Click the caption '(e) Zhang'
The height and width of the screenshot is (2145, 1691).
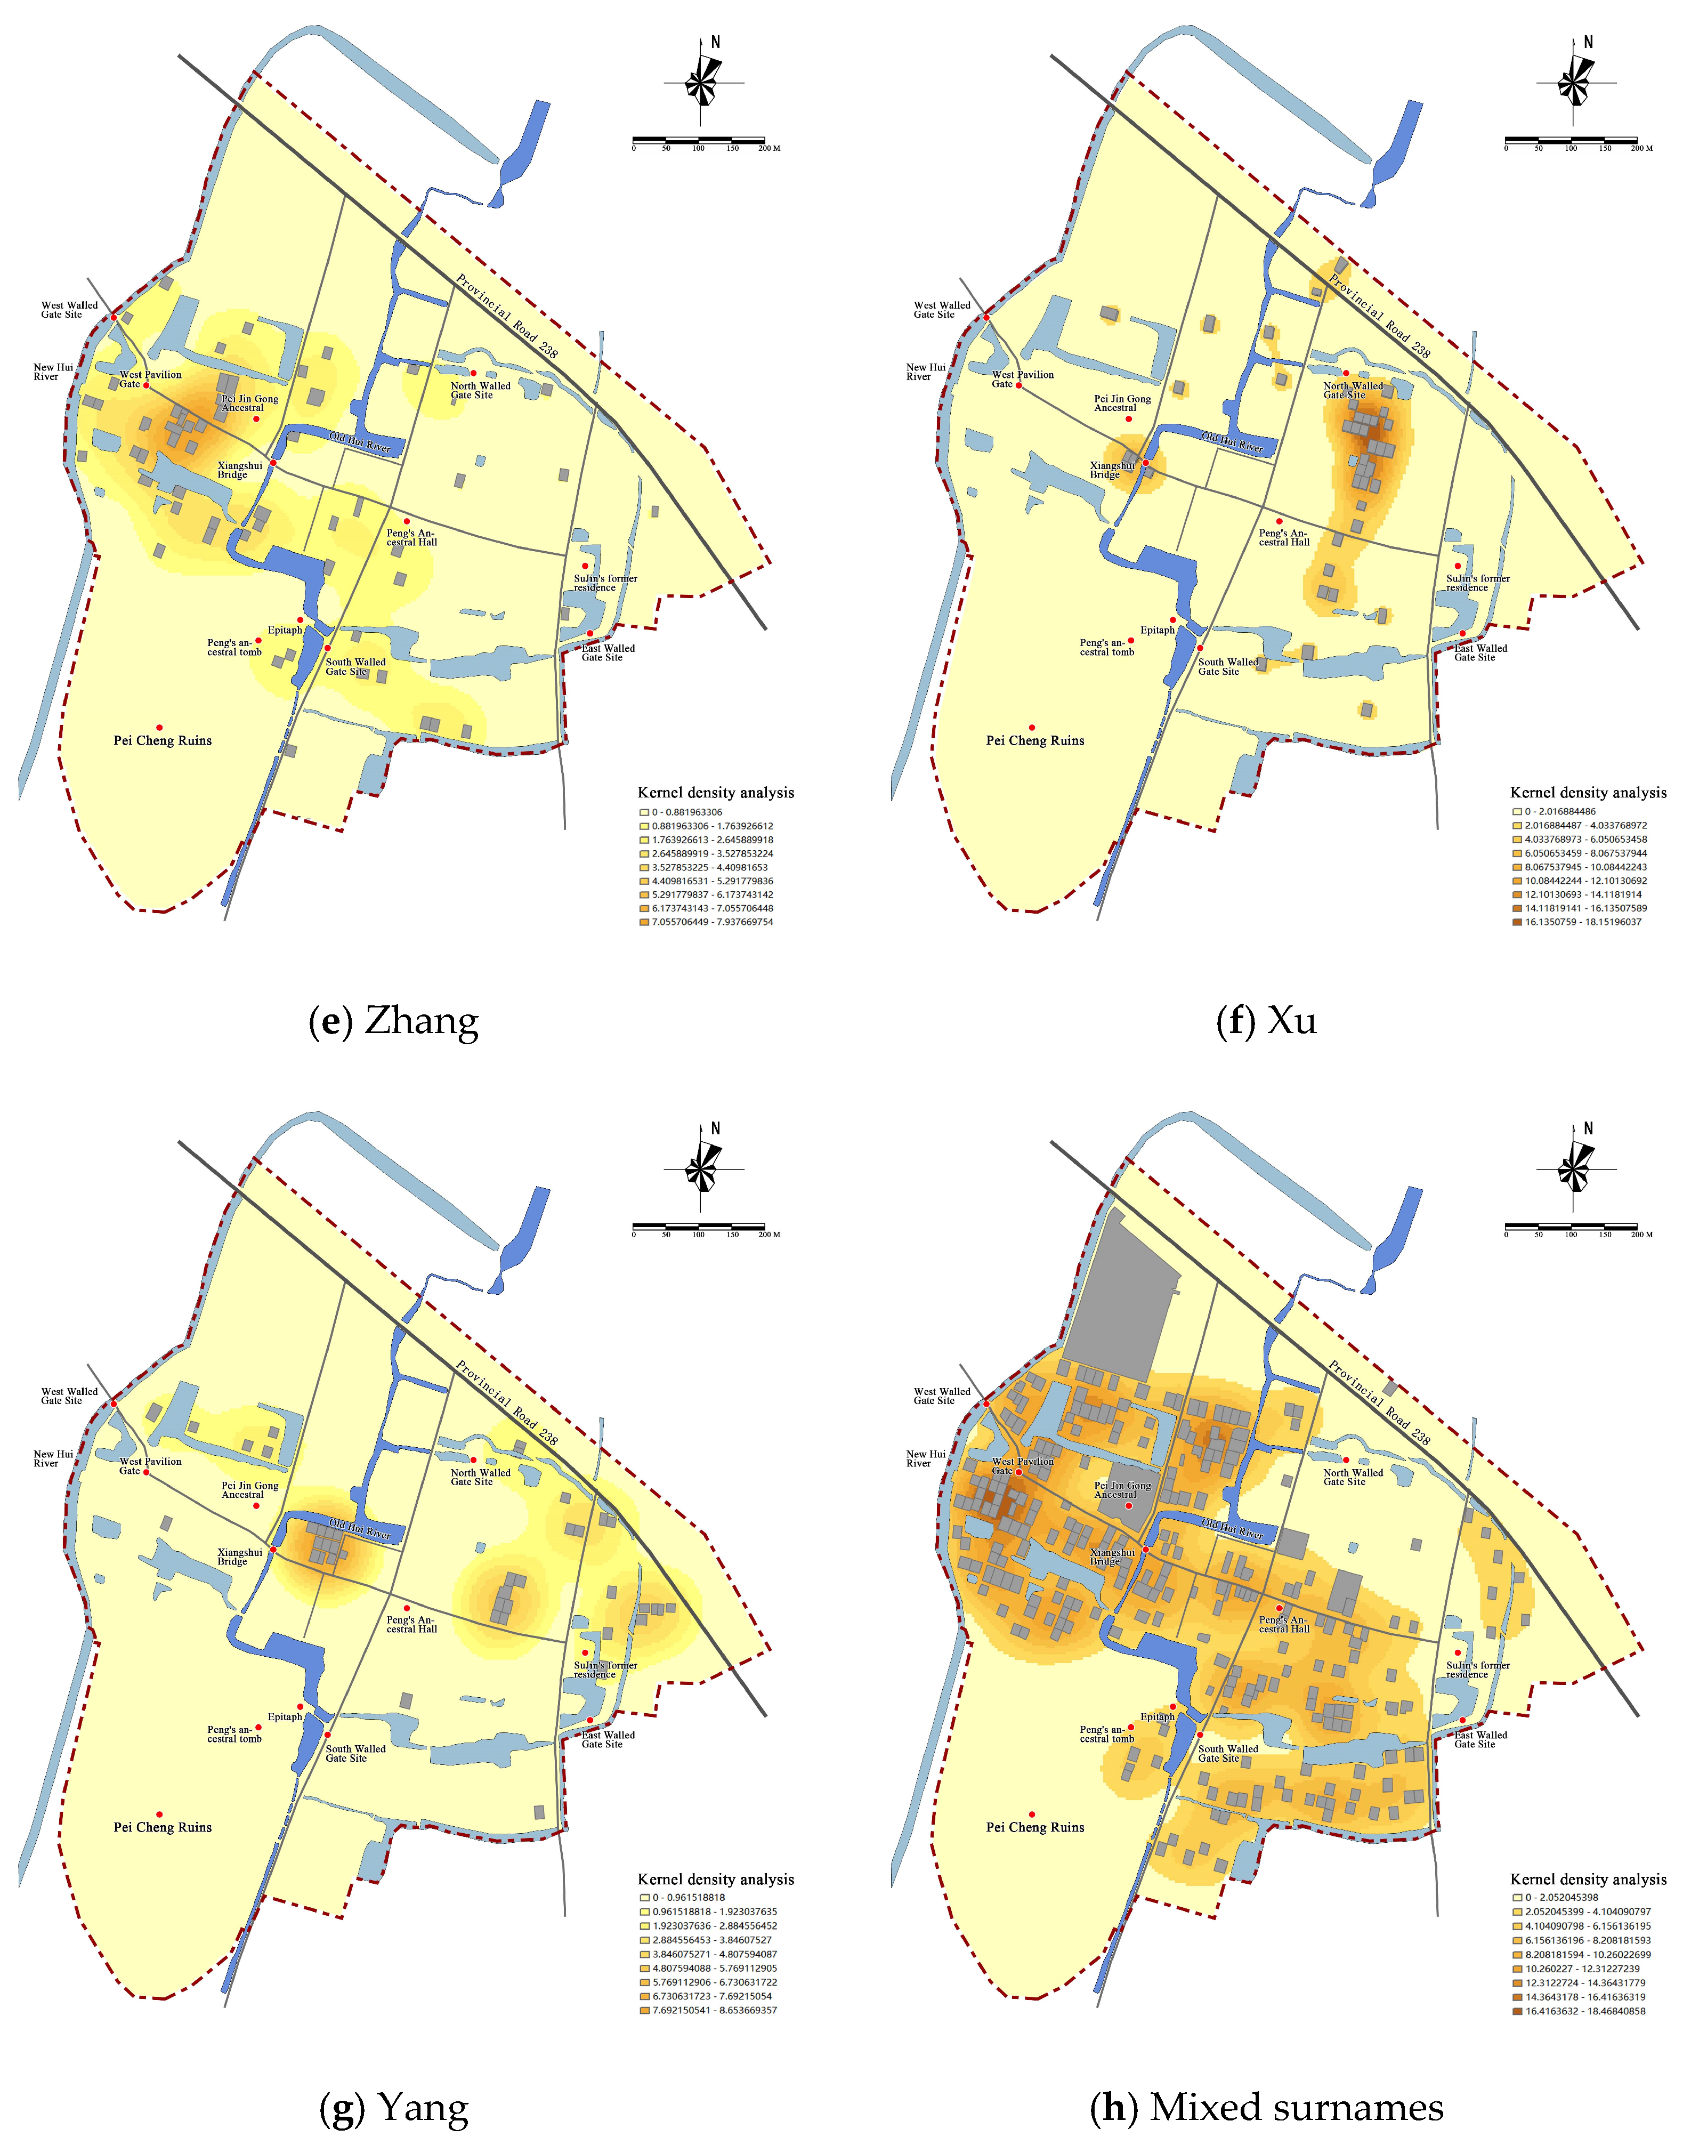[393, 1021]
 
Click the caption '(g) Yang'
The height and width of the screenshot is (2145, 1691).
[393, 2107]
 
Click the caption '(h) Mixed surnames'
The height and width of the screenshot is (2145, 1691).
[1266, 2107]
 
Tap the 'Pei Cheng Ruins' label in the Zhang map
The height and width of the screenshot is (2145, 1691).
[163, 741]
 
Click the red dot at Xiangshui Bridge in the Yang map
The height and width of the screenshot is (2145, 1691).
[273, 1550]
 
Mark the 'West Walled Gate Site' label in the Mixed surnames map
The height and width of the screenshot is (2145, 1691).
[942, 1397]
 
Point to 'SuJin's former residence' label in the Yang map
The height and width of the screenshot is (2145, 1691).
[605, 1670]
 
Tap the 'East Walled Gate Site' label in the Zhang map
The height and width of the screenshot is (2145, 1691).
[608, 652]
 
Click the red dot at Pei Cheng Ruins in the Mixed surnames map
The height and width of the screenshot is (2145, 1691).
[1032, 1814]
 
